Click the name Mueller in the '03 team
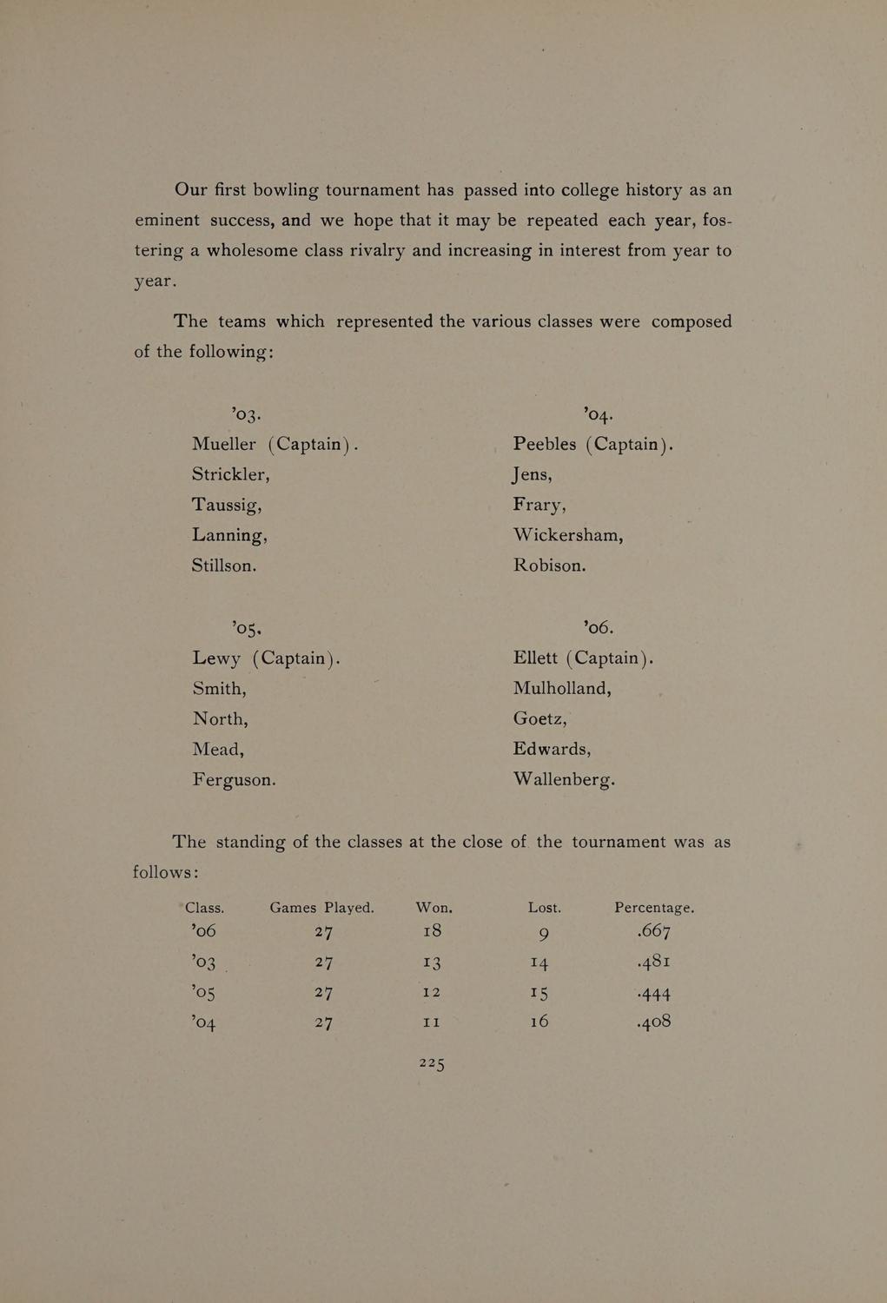[x=224, y=444]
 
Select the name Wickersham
[x=567, y=535]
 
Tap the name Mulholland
[x=561, y=688]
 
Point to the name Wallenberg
[x=563, y=779]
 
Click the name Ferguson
[x=234, y=780]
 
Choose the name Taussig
[x=226, y=506]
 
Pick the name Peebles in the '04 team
[x=545, y=444]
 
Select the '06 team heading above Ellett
[x=599, y=626]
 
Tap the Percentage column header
[x=653, y=908]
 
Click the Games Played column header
[x=321, y=908]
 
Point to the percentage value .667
[x=653, y=932]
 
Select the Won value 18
[x=432, y=931]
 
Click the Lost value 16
[x=539, y=1022]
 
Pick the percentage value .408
[x=653, y=1022]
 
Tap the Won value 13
[x=432, y=962]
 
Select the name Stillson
[x=224, y=566]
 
